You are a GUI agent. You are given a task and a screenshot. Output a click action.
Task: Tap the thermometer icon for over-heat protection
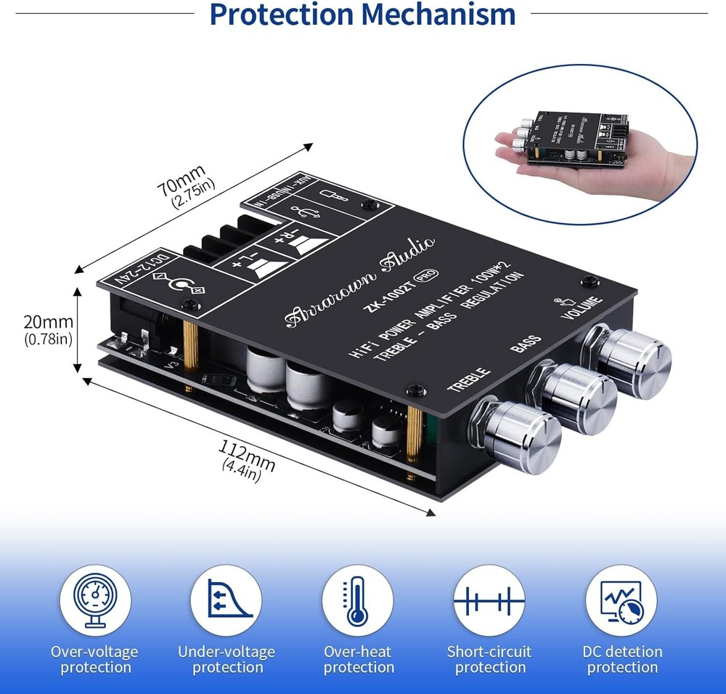(358, 601)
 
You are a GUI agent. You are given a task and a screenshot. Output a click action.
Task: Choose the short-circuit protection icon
(489, 601)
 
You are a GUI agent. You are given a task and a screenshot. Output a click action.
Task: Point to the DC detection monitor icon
(621, 601)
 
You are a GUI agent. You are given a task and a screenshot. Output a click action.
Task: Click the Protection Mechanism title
(363, 15)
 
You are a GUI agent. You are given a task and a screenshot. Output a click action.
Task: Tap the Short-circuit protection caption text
(489, 659)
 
